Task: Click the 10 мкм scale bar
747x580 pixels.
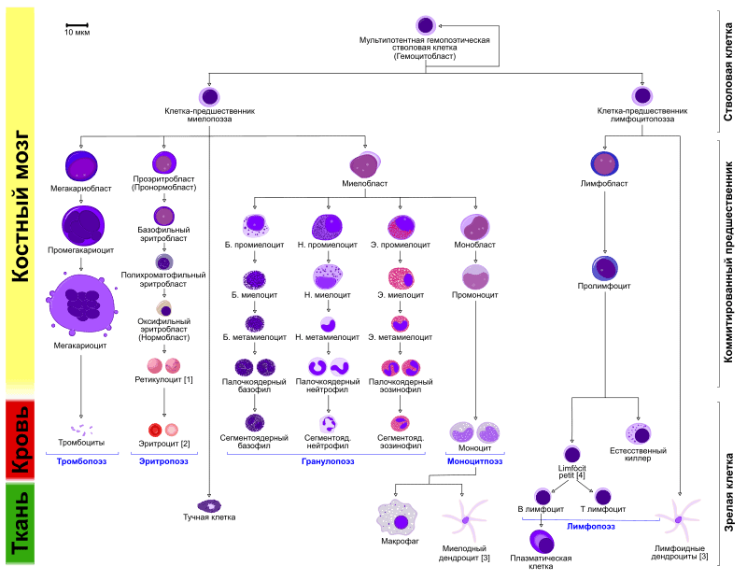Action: click(x=78, y=25)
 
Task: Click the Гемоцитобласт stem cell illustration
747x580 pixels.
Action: click(x=426, y=25)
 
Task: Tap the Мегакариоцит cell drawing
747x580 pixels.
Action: click(x=81, y=304)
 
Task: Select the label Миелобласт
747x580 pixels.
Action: click(x=364, y=183)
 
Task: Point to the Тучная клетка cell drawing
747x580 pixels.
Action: click(x=209, y=505)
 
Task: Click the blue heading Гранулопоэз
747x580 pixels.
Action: click(x=328, y=461)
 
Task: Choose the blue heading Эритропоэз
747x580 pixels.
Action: click(x=163, y=461)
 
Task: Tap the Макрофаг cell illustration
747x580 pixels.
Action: click(x=399, y=518)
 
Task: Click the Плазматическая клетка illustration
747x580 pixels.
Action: click(x=542, y=542)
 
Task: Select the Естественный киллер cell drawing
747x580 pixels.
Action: click(x=639, y=433)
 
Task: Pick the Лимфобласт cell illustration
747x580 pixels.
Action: click(x=604, y=163)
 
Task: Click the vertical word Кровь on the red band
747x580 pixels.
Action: click(x=20, y=439)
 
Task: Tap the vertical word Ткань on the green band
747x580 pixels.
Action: click(x=20, y=523)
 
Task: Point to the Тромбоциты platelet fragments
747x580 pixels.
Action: click(x=81, y=430)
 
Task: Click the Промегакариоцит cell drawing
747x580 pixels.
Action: click(x=83, y=225)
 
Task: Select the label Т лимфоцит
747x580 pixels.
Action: click(x=602, y=509)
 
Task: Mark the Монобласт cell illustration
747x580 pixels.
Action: click(x=474, y=226)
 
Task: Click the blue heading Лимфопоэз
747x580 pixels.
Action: click(x=591, y=526)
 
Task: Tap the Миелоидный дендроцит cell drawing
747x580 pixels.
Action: click(x=465, y=519)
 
